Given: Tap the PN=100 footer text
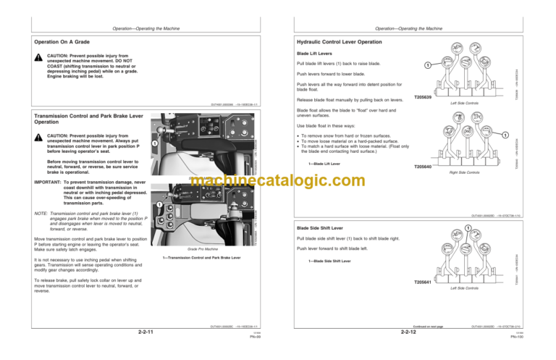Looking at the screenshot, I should pyautogui.click(x=540, y=338).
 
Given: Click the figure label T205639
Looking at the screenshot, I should pyautogui.click(x=424, y=97).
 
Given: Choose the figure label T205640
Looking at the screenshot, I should pyautogui.click(x=424, y=167).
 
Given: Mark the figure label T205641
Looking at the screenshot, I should pyautogui.click(x=424, y=282).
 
